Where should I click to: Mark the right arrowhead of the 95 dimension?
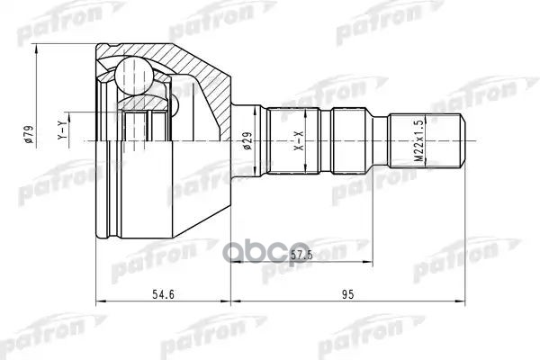coord(463,300)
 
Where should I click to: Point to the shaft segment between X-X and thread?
coord(360,141)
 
